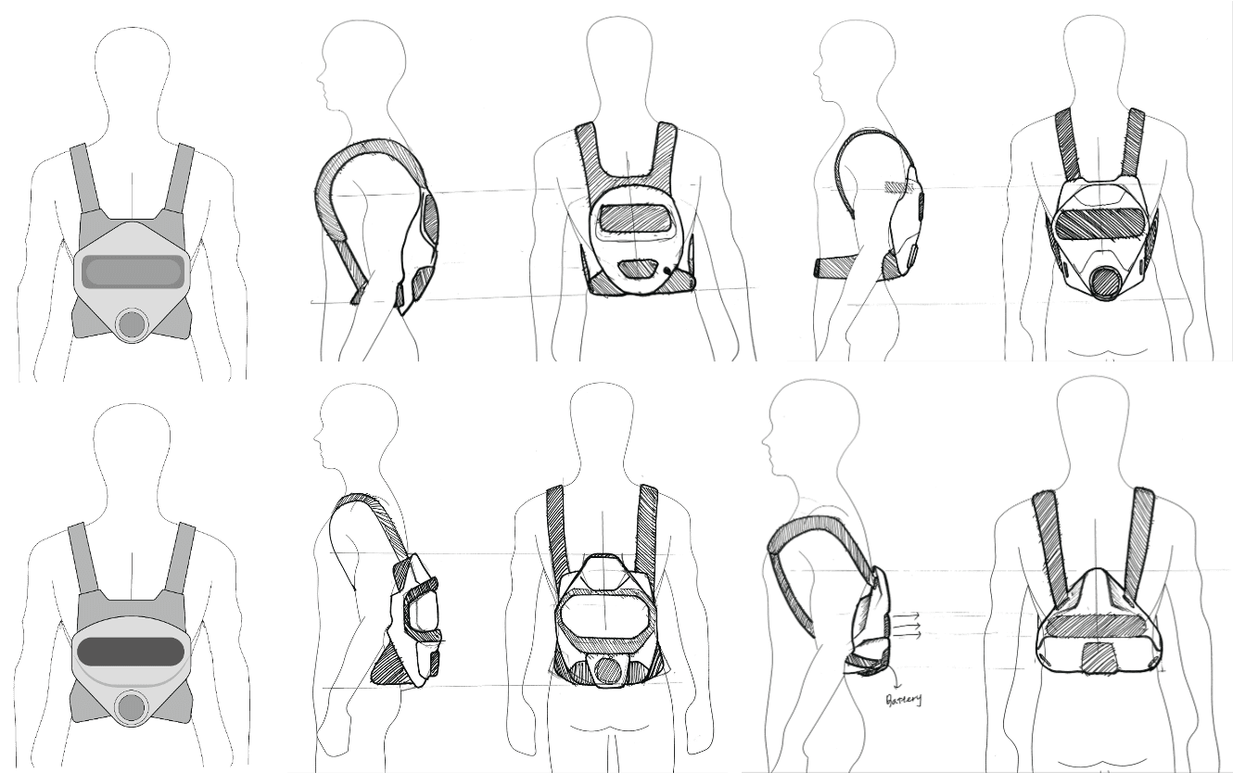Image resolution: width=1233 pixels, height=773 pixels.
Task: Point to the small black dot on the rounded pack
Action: (670, 270)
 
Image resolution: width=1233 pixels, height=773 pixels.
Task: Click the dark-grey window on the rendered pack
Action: (130, 651)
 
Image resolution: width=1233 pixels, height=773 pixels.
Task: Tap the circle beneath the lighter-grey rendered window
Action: (132, 323)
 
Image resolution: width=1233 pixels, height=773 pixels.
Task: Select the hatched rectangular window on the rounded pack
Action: (634, 219)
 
